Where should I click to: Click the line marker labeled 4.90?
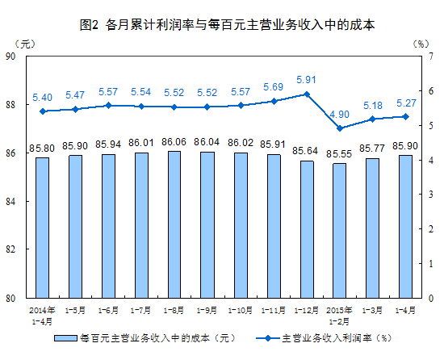[x=340, y=128]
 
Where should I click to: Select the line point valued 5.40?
[x=42, y=111]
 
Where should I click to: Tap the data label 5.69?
[x=273, y=87]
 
